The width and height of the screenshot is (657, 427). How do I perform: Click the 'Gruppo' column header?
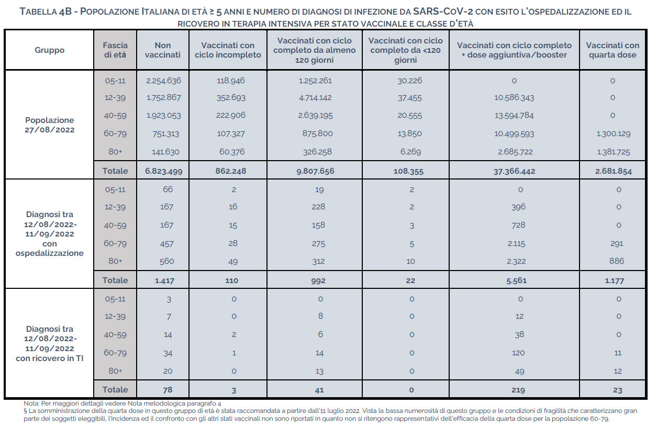coord(50,50)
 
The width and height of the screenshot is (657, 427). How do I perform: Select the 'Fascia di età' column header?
coord(115,50)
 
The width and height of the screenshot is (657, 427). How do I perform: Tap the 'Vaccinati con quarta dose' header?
coord(613,50)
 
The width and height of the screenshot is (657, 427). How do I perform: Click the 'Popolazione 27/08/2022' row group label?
coord(50,125)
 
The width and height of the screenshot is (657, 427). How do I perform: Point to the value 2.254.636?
coord(163,81)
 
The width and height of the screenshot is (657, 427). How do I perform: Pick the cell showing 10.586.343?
coord(514,98)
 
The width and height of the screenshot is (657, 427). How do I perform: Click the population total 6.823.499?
coord(163,171)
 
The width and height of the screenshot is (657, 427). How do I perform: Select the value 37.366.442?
coord(514,171)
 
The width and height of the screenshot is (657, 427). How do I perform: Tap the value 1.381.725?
coord(613,152)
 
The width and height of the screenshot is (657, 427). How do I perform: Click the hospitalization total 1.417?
coord(164,280)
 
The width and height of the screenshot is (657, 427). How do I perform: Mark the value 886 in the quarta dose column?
coord(618,261)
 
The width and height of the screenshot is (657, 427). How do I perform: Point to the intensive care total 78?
coord(167,390)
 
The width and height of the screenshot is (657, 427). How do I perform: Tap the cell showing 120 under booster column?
coord(518,353)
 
